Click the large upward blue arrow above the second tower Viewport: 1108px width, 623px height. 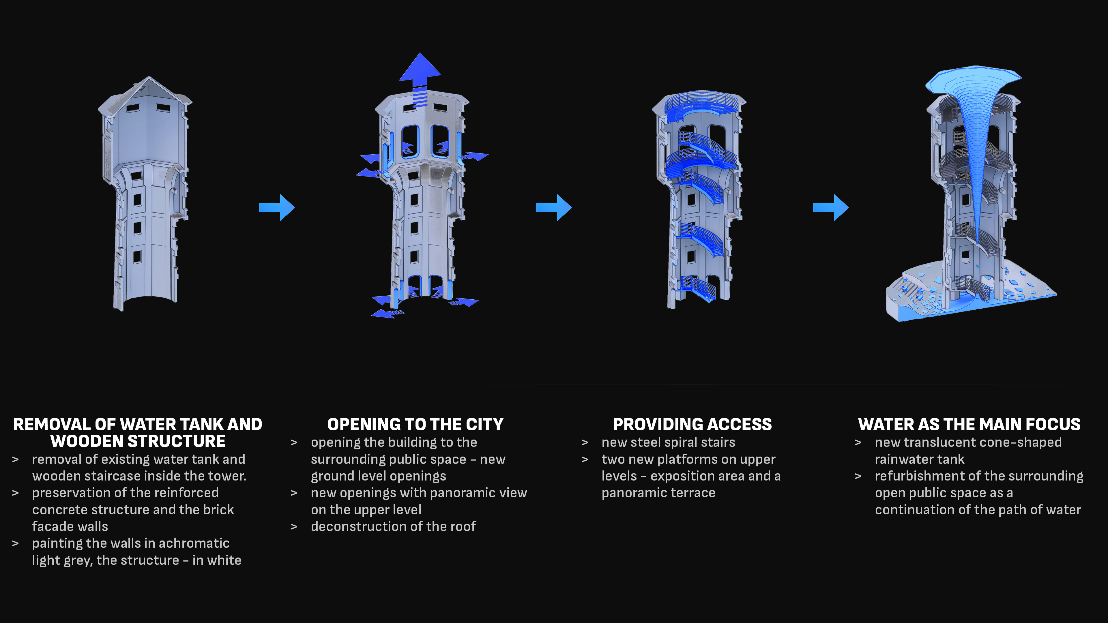pos(420,71)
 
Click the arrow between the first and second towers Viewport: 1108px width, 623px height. pos(277,208)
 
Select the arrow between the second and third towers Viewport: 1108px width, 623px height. pos(554,208)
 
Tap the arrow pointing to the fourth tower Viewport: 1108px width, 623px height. pos(831,208)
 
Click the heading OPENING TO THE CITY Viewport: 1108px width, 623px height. pos(415,424)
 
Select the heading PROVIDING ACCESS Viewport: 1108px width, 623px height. pos(692,424)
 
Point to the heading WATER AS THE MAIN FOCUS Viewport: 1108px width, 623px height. pos(969,424)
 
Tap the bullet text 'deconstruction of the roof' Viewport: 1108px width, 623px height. pos(393,526)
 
